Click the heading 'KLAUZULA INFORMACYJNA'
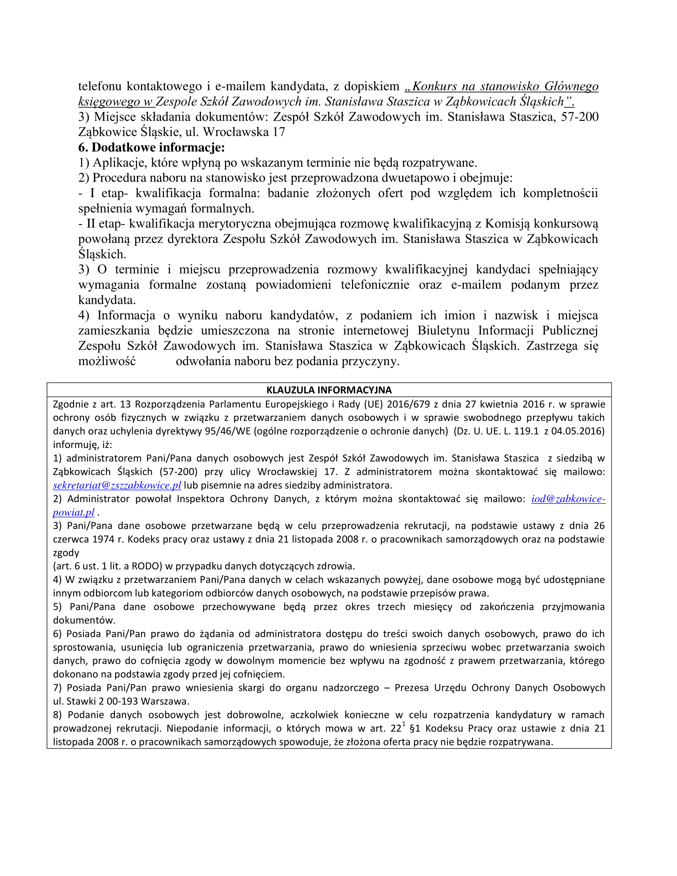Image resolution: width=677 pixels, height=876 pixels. pos(329,390)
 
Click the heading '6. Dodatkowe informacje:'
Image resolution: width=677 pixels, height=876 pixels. pos(152,147)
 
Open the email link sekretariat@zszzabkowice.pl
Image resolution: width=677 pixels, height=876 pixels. pos(117,485)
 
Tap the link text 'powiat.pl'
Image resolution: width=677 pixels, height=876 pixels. pos(74,512)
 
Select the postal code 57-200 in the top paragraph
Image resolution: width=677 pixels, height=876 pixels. pos(580,117)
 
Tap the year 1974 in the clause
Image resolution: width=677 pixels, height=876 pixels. pos(104,539)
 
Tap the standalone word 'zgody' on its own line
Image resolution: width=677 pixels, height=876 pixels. pos(66,553)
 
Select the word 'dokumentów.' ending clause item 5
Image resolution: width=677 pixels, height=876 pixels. pos(84,620)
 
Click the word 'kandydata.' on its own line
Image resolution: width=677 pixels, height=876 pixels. pos(107,300)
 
